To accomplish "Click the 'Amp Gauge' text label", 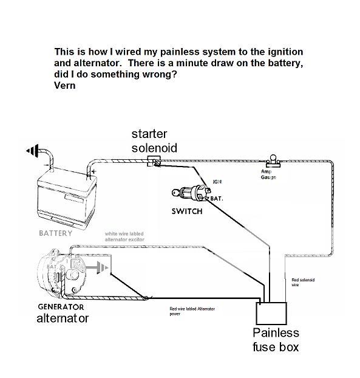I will tap(270, 174).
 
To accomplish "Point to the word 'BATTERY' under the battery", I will tap(55, 233).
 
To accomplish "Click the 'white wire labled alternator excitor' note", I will tap(130, 236).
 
